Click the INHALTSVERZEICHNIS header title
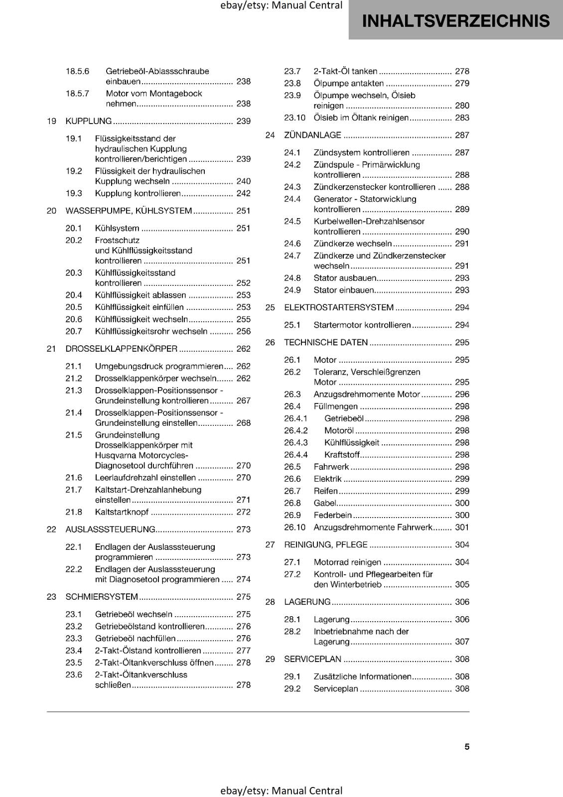455,21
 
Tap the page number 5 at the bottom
467,747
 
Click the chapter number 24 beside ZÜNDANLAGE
270,135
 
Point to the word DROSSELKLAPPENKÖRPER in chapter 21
121,349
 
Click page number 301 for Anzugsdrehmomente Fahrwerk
462,527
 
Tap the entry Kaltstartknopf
122,512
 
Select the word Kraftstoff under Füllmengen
342,455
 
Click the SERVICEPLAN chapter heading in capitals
312,659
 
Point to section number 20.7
74,331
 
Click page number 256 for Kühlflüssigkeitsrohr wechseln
243,331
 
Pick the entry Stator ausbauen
345,278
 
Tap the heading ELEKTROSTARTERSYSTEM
339,307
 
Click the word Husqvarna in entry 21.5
116,455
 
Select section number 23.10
294,118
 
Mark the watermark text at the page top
281,5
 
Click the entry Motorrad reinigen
347,562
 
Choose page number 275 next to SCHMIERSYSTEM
243,597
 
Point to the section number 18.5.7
77,93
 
